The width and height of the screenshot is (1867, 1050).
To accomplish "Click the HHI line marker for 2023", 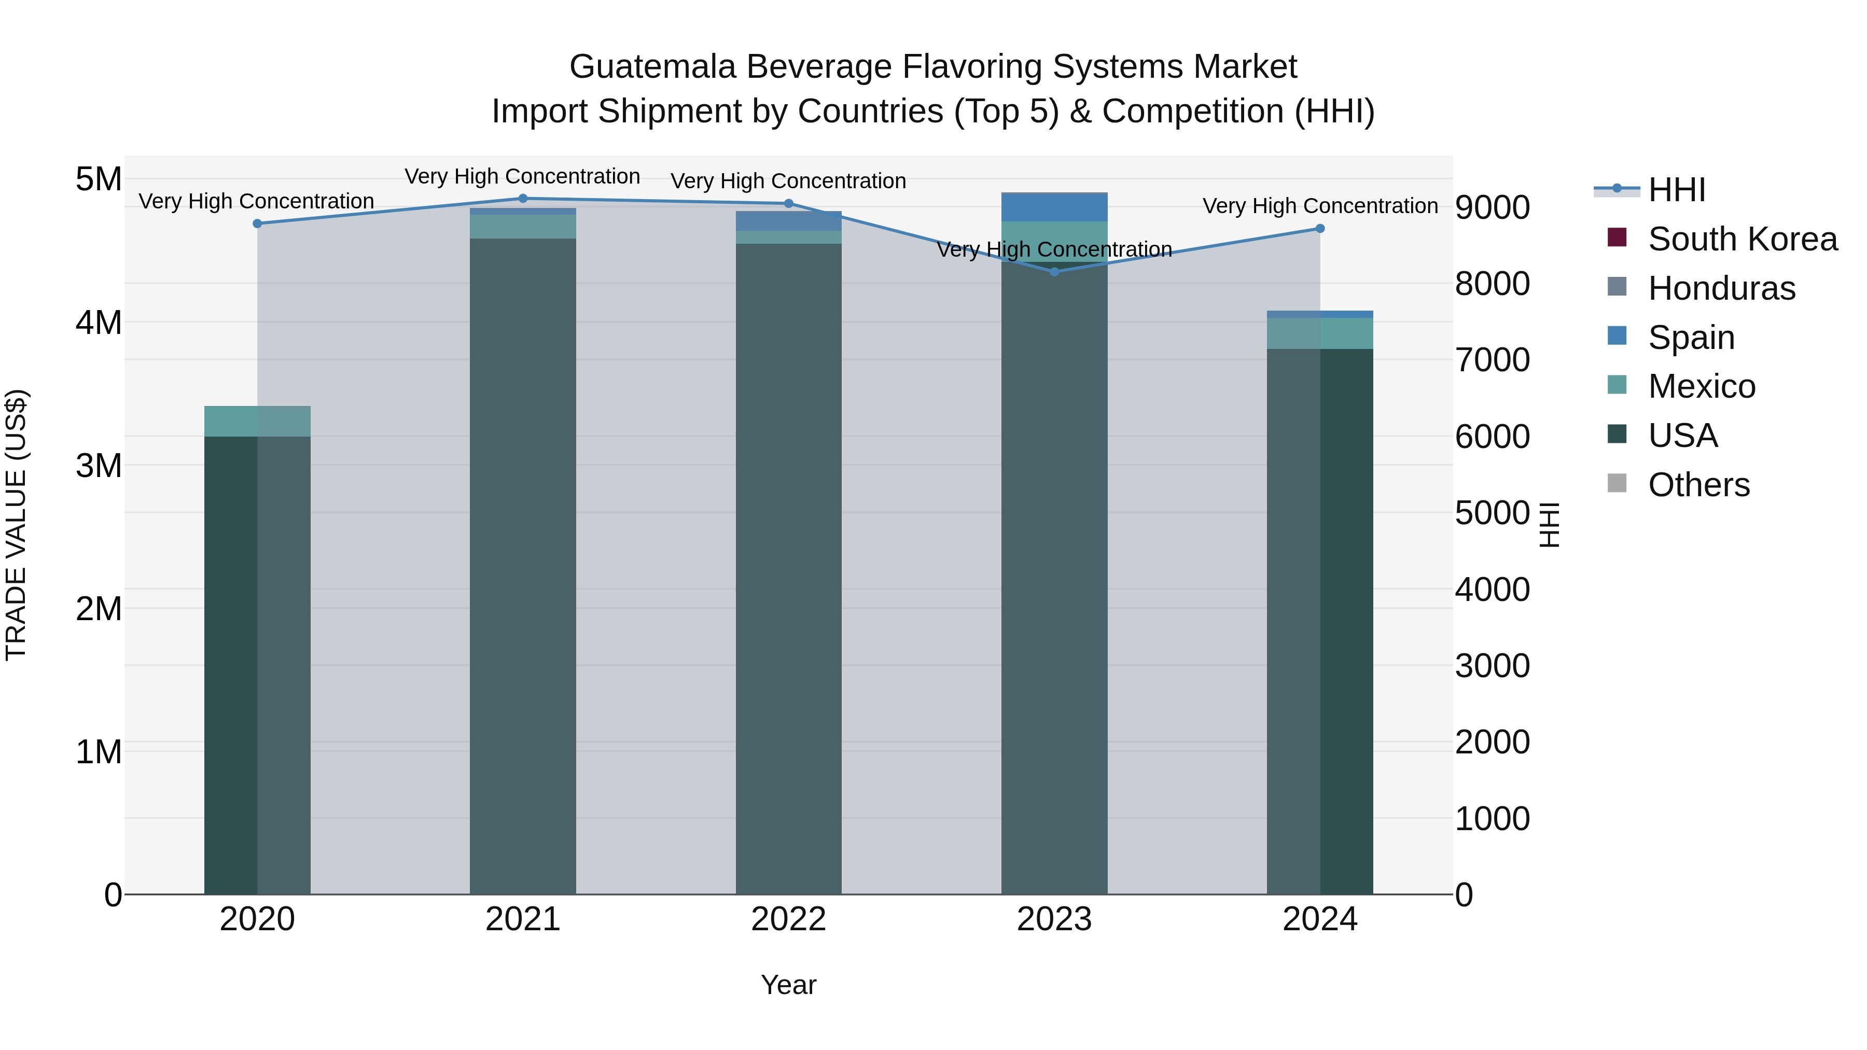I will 1054,272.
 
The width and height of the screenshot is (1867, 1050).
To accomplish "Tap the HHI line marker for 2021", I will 523,198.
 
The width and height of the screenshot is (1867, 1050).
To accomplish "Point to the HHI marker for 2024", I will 1320,228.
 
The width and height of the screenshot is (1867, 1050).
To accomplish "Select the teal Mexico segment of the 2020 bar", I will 257,421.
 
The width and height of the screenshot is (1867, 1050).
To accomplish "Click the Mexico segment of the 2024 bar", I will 1320,333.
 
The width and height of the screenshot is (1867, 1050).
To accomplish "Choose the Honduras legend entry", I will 1721,288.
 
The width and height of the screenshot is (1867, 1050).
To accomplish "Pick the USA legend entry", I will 1682,436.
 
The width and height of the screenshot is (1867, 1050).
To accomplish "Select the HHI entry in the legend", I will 1676,190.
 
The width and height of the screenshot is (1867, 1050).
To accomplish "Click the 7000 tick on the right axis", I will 1492,360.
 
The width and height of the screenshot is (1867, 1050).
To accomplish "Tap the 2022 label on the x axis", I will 788,919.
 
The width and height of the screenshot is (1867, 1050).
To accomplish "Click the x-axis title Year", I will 788,985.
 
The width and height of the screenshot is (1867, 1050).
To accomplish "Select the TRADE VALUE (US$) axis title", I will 16,525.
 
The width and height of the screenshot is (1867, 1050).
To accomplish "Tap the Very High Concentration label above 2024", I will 1320,206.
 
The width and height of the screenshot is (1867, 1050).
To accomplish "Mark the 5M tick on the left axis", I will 99,179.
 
